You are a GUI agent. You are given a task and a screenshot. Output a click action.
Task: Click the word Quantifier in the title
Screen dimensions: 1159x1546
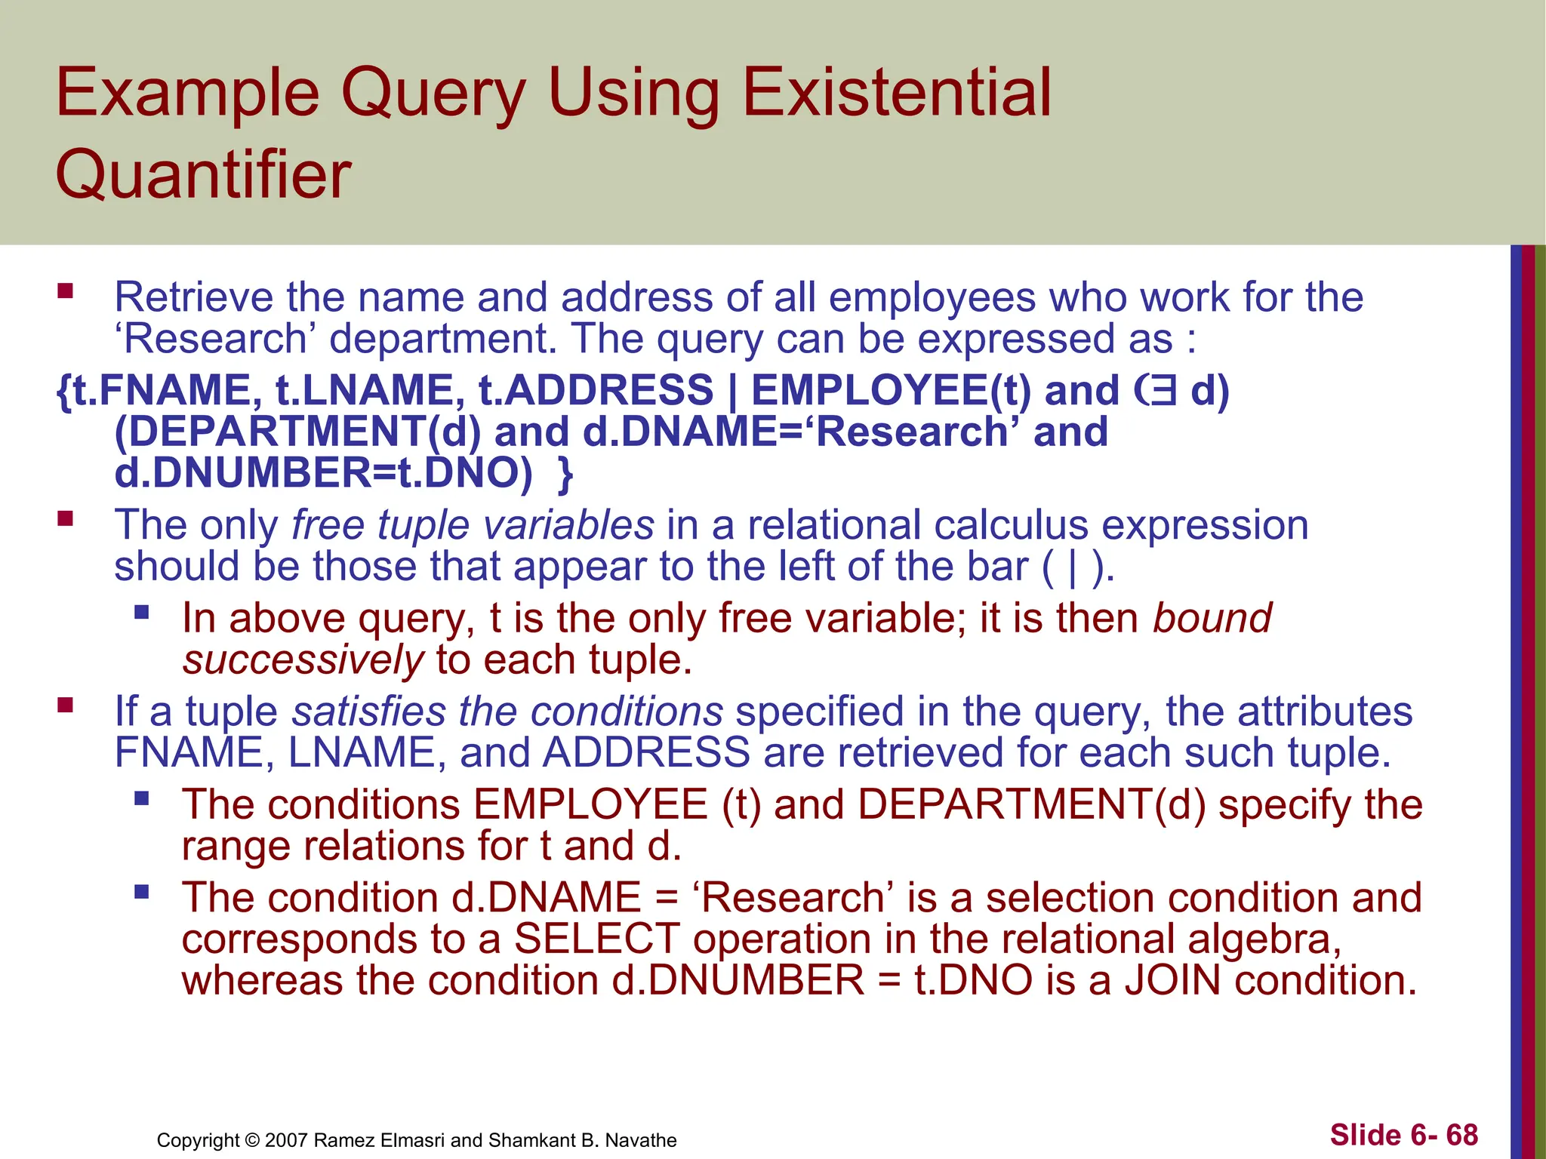tap(203, 175)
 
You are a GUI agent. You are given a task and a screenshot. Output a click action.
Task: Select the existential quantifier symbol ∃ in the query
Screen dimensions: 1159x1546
tap(1163, 391)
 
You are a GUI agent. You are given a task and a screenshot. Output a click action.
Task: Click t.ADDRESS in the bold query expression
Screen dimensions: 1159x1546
tap(596, 391)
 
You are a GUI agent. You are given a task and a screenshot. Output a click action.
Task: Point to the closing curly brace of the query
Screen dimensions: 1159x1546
tap(565, 475)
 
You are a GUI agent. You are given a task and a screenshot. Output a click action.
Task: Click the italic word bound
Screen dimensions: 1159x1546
tap(1212, 618)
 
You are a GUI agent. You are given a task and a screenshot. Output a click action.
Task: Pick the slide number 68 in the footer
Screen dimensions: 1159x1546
tap(1461, 1135)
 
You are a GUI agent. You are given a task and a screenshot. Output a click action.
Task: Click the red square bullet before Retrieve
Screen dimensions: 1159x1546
tap(65, 291)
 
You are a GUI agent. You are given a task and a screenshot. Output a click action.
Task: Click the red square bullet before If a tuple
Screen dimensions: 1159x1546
tap(65, 705)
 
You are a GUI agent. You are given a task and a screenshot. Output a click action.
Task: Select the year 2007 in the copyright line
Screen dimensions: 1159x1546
tap(286, 1140)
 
